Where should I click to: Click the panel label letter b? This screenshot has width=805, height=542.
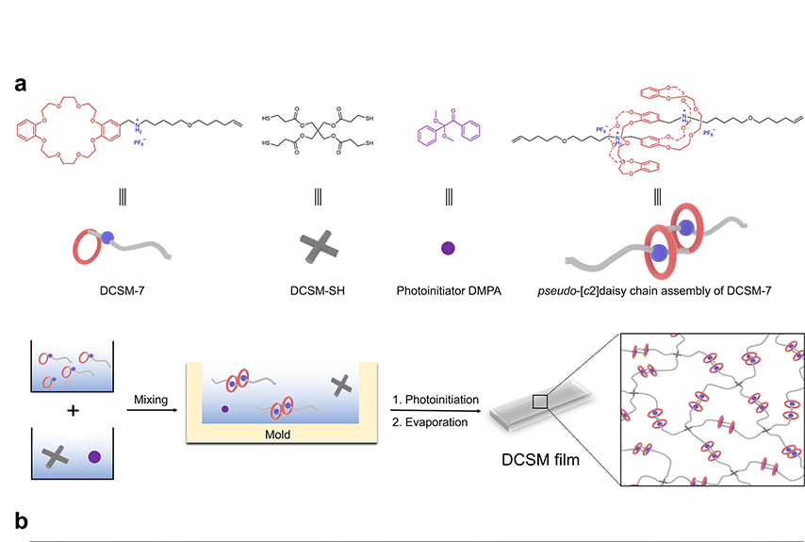click(x=21, y=519)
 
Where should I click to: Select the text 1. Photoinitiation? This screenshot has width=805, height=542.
click(x=436, y=400)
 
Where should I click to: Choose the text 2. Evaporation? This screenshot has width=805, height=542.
click(x=430, y=422)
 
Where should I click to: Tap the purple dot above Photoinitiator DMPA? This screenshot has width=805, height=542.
click(x=449, y=249)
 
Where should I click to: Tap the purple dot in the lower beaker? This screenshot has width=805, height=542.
click(x=92, y=458)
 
